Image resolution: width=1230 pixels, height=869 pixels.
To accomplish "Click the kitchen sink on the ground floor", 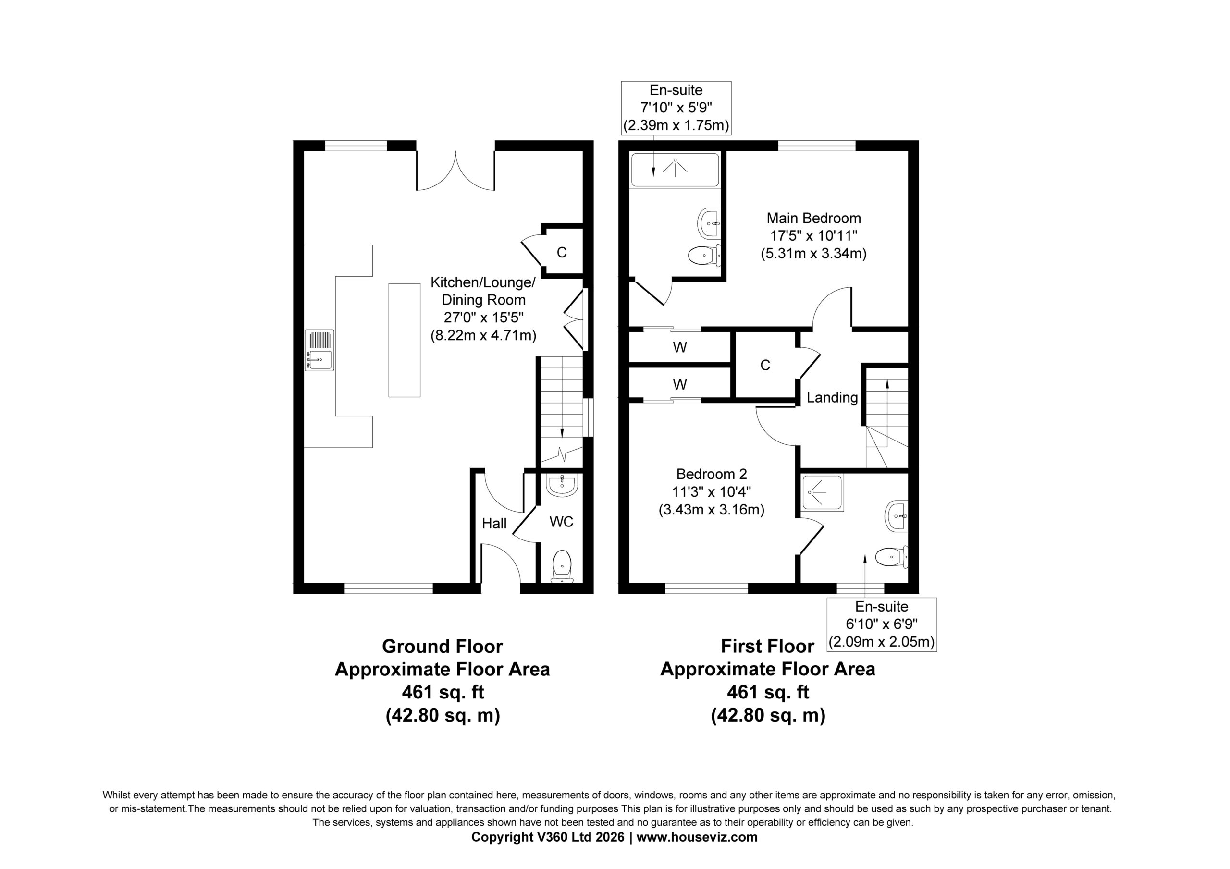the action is (x=320, y=350).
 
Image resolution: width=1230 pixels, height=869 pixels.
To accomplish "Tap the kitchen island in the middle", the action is (x=405, y=340).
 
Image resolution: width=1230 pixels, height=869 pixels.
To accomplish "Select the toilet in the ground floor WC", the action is (x=562, y=566).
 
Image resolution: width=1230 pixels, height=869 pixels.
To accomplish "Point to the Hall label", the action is (x=494, y=524).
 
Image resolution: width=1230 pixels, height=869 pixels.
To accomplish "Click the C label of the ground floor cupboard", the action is (x=562, y=252).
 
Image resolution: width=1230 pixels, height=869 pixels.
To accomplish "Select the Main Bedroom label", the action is (x=814, y=218).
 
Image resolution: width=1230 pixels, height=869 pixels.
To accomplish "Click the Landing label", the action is (x=832, y=398).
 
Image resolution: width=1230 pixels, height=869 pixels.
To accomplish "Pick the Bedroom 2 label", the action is (x=712, y=474).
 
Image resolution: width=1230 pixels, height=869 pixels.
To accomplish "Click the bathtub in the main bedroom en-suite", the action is (x=675, y=169).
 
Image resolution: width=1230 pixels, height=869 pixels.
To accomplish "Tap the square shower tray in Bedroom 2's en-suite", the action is (x=822, y=492).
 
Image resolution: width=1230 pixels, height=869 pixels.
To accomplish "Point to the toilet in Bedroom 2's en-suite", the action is (x=891, y=557).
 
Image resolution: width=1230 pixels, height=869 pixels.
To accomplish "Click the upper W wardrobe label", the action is (x=680, y=348).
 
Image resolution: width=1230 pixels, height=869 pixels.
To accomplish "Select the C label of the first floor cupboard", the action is (x=765, y=365).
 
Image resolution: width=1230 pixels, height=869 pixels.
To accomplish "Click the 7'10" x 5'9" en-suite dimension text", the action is (x=676, y=108).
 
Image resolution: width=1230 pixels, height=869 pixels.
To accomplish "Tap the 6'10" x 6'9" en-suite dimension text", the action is (x=882, y=624).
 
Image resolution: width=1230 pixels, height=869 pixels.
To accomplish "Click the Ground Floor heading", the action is (x=443, y=646).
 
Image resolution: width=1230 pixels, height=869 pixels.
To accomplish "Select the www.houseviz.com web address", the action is (x=697, y=837).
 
